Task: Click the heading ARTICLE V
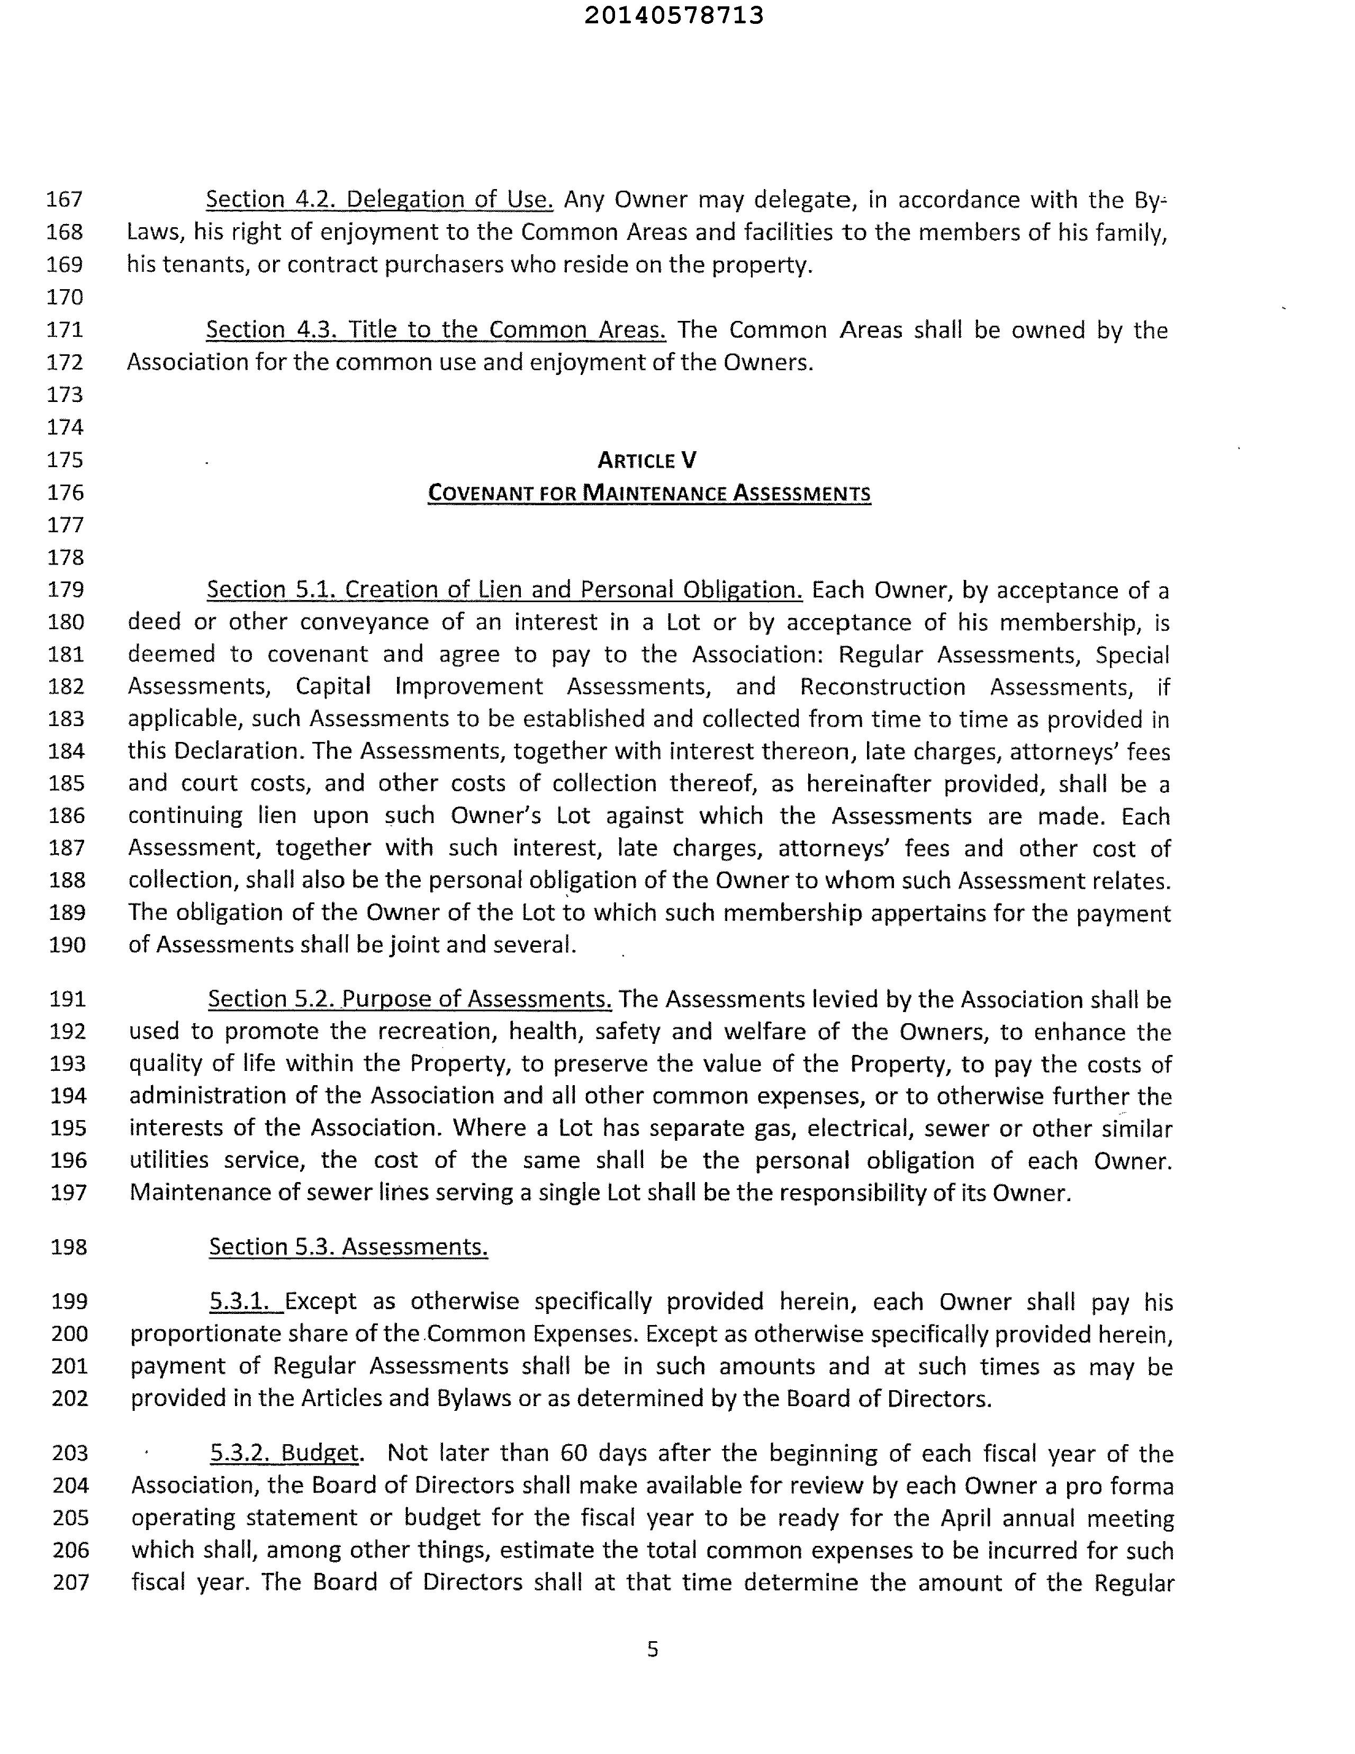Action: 647,460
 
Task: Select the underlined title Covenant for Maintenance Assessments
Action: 648,493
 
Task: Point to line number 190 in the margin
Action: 67,944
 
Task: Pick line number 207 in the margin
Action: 70,1582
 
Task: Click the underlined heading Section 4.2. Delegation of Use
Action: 379,199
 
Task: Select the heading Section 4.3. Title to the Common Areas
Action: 436,330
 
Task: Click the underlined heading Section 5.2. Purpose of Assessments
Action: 409,999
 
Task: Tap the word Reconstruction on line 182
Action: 882,687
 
